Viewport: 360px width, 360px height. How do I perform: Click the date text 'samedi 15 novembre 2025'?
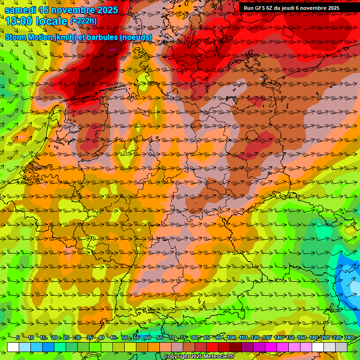coord(61,9)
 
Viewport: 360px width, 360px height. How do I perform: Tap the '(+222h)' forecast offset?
coord(83,21)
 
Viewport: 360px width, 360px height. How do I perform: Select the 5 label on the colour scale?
coord(18,337)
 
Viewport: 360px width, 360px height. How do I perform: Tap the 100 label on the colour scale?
coord(231,337)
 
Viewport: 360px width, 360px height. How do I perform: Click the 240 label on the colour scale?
coord(348,337)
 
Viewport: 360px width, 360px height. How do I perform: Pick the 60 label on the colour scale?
coord(148,337)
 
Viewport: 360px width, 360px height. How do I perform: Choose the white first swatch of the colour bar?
coord(13,347)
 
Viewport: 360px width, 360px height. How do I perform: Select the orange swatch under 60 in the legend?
coord(154,347)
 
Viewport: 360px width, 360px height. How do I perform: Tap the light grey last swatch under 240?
coord(341,347)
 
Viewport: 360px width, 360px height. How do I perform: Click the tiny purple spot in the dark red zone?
coord(112,49)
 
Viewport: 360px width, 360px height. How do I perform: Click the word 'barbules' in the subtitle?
coord(106,37)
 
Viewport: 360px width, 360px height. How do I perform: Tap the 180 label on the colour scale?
coord(313,337)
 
